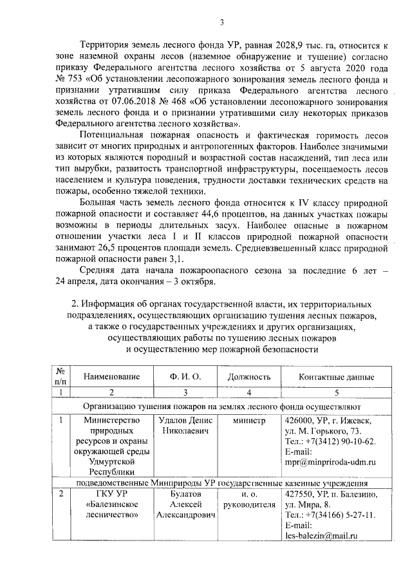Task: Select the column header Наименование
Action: pyautogui.click(x=111, y=377)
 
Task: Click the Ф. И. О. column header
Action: pyautogui.click(x=185, y=377)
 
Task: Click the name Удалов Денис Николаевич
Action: pyautogui.click(x=185, y=425)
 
